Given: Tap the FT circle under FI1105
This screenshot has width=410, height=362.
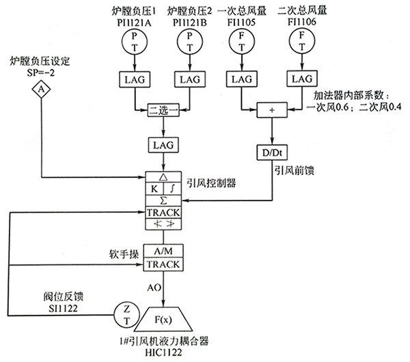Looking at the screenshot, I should click(245, 44).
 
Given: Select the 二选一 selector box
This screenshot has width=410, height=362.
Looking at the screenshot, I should click(164, 109).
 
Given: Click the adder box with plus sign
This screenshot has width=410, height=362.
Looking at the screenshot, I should click(273, 109).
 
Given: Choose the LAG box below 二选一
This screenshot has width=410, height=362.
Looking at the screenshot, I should click(164, 145).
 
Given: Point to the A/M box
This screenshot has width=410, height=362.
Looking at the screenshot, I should click(163, 250).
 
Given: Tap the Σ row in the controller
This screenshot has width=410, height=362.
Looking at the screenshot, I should click(163, 200).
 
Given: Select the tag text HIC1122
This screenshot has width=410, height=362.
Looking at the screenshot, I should click(164, 354).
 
